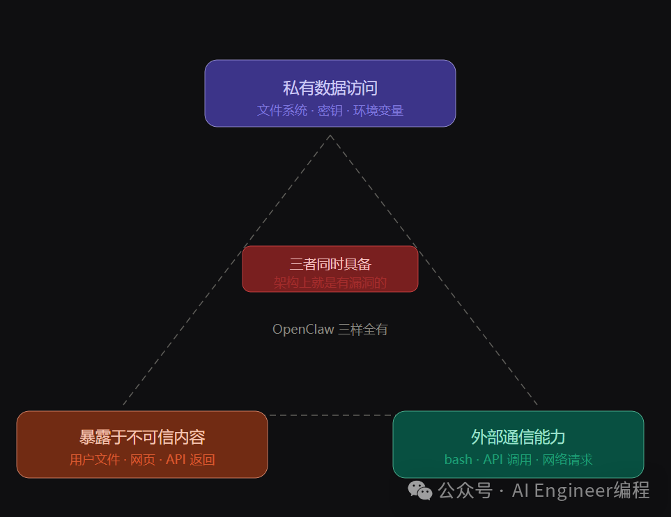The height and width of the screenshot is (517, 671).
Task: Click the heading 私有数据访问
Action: click(330, 88)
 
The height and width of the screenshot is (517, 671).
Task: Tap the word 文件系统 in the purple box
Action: click(281, 110)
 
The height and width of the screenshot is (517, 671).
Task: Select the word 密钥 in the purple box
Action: click(330, 110)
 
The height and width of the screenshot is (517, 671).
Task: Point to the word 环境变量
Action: click(378, 110)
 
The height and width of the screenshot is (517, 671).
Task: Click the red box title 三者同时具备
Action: click(330, 264)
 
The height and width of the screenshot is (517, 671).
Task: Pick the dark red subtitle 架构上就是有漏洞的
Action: click(330, 282)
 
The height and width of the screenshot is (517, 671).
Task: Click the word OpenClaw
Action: click(303, 330)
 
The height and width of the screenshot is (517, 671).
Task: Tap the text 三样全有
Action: click(363, 330)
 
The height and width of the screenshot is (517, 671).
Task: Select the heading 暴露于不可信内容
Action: click(142, 438)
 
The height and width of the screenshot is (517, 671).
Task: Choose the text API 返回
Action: click(190, 460)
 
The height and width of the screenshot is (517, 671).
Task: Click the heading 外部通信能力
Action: click(518, 437)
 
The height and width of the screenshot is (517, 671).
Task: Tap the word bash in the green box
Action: click(458, 460)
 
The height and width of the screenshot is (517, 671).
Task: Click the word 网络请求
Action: click(568, 460)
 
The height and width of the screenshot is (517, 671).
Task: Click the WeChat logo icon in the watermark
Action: click(420, 491)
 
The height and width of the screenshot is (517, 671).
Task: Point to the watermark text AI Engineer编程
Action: click(580, 491)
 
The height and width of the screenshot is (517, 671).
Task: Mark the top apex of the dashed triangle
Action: click(330, 136)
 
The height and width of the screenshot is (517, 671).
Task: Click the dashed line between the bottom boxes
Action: click(330, 415)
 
